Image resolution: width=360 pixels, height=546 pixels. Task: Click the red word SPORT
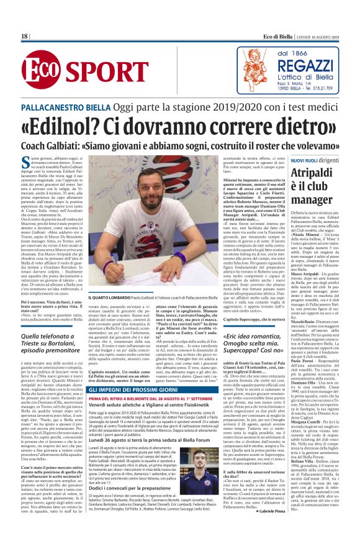(x=96, y=73)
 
